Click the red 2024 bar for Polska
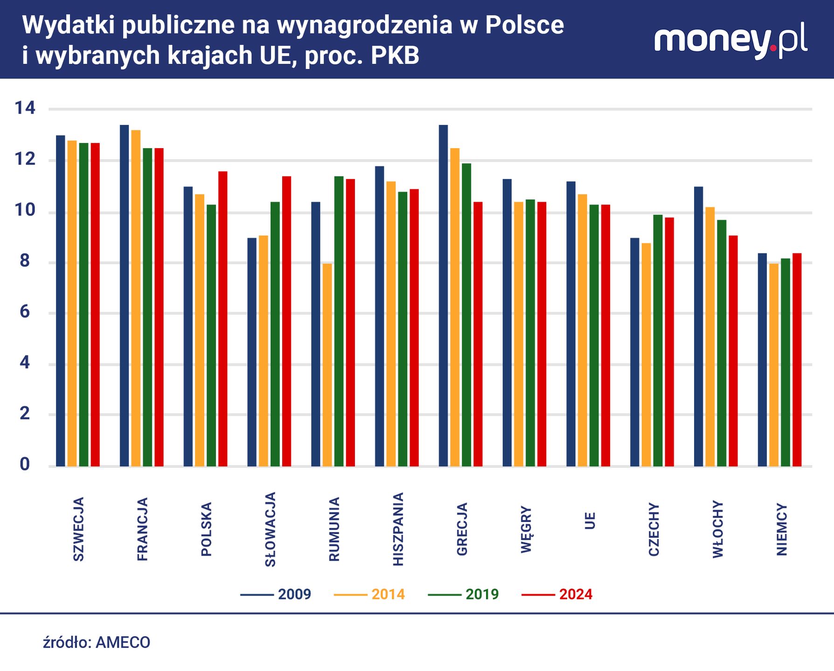[x=223, y=319]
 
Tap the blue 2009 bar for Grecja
[x=443, y=296]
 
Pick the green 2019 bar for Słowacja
[x=275, y=334]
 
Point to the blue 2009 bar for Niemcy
[x=762, y=360]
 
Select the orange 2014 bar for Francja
[x=136, y=298]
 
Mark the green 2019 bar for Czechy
[x=658, y=341]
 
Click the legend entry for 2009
[x=276, y=595]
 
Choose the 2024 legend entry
[x=557, y=595]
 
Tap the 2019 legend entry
[x=464, y=595]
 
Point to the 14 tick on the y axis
[x=25, y=109]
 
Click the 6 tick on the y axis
[x=25, y=312]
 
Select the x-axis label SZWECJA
[x=79, y=529]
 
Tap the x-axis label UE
[x=590, y=520]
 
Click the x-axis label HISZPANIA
[x=398, y=529]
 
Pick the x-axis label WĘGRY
[x=526, y=529]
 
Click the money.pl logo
[x=730, y=41]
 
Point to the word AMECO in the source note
[x=123, y=643]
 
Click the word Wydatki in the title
[x=66, y=26]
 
